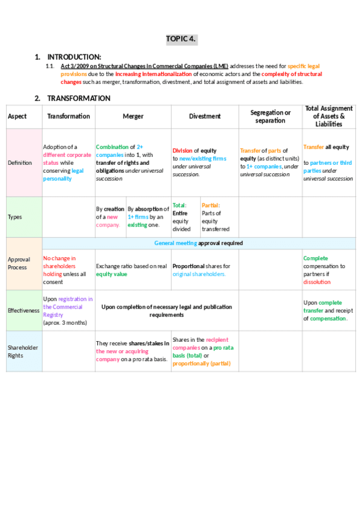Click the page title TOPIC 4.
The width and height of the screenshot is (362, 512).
click(x=181, y=39)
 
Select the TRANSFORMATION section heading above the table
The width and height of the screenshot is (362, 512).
click(x=79, y=98)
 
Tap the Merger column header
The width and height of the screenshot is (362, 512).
click(x=133, y=116)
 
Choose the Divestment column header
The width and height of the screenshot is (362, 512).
click(x=205, y=116)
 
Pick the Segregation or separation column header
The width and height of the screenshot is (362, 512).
click(x=270, y=116)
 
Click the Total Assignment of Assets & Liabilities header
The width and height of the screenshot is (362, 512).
click(x=329, y=116)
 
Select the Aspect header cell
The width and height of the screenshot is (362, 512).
click(x=17, y=116)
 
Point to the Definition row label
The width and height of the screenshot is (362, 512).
click(x=20, y=162)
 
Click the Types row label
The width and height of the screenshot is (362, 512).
click(x=16, y=217)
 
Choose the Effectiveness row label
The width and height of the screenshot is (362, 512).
click(x=24, y=310)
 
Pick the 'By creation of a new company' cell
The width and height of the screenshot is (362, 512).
click(x=110, y=217)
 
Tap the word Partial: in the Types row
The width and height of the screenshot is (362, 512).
click(x=211, y=205)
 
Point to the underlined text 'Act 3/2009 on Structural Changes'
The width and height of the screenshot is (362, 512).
click(x=115, y=66)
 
